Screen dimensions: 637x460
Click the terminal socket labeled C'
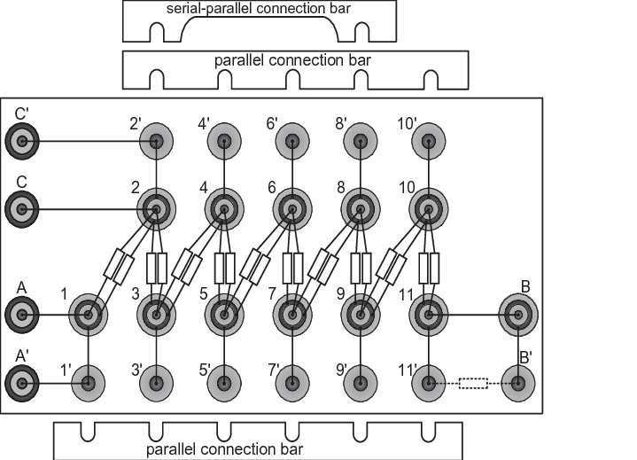point(22,142)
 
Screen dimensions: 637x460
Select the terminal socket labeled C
point(22,210)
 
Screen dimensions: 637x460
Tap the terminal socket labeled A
point(22,315)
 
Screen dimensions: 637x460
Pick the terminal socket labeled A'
point(22,383)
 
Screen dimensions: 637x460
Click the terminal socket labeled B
point(518,315)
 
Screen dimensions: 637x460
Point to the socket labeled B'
point(518,383)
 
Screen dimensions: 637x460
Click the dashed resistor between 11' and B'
point(473,383)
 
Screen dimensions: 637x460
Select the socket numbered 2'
point(157,142)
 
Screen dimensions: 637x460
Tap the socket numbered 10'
point(429,142)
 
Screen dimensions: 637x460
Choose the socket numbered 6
point(292,210)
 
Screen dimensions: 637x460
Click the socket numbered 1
point(89,315)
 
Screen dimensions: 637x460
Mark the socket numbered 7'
point(292,383)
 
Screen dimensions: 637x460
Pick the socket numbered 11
point(429,315)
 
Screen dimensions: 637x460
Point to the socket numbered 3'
point(157,383)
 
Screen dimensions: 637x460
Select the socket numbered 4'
point(224,142)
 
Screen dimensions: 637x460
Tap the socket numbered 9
point(361,315)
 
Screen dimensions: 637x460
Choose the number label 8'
point(341,123)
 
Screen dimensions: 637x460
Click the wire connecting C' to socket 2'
point(89,142)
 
